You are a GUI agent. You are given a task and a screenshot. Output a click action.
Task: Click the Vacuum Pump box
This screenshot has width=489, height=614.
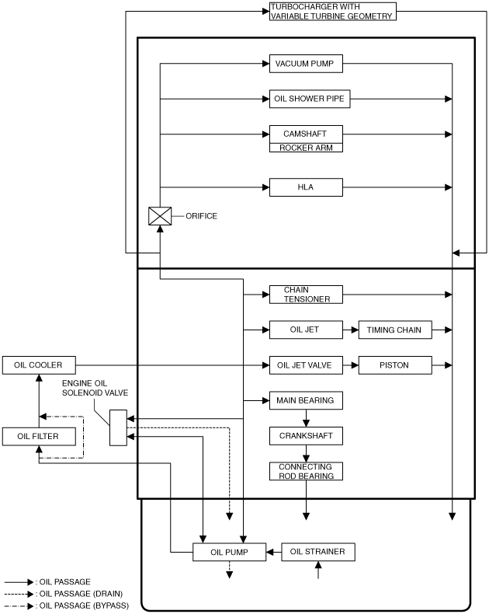(x=306, y=64)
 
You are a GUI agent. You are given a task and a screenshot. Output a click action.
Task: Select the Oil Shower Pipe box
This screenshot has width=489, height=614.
(x=310, y=99)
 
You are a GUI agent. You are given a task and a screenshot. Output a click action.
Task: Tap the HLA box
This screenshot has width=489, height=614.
(x=306, y=187)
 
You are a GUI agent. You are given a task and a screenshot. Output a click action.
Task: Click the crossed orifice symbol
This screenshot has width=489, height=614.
(x=160, y=216)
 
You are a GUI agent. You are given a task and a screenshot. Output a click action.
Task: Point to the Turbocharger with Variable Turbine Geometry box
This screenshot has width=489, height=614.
(x=332, y=12)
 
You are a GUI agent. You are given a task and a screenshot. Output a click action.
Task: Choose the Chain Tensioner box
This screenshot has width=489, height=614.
(x=306, y=295)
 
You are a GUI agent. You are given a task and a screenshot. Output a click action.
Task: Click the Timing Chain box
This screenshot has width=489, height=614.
(x=395, y=330)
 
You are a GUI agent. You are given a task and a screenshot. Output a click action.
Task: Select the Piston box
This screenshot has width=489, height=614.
(x=395, y=365)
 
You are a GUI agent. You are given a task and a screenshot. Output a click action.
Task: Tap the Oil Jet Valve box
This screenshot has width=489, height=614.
(x=306, y=365)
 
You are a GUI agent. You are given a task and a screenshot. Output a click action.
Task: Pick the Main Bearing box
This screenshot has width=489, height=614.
(x=306, y=400)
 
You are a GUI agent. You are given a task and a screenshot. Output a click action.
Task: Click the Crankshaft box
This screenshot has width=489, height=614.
(x=306, y=436)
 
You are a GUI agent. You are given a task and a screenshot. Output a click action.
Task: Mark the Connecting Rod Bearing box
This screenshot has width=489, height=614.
(x=306, y=471)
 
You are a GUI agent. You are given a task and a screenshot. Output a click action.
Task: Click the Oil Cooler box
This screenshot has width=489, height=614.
(x=39, y=365)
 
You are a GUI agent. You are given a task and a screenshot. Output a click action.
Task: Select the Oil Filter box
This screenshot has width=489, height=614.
(x=39, y=436)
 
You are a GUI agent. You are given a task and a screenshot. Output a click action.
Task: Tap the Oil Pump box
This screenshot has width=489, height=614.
(x=229, y=552)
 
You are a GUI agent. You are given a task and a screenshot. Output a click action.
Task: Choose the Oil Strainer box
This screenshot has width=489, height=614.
(x=318, y=552)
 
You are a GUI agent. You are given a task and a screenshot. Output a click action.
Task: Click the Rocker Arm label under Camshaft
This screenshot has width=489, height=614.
(x=306, y=148)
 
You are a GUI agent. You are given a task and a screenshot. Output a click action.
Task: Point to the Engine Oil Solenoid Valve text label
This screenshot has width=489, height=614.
(x=95, y=388)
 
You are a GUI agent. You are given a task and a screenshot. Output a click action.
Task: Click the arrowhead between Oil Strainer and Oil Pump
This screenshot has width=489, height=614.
(x=269, y=552)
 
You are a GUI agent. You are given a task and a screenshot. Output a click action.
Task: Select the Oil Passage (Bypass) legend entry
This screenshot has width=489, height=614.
(x=67, y=605)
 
